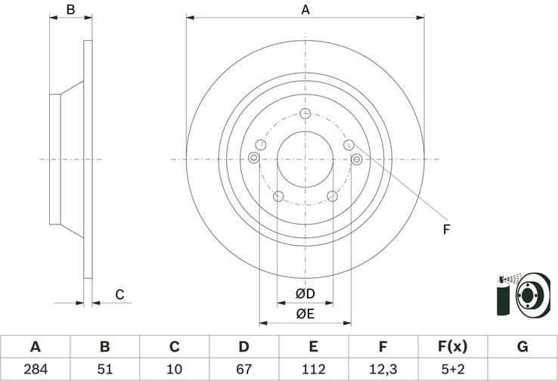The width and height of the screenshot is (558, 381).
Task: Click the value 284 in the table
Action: point(35,370)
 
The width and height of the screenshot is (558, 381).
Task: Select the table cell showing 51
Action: point(105,370)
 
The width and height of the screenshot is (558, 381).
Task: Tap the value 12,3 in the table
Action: point(383,370)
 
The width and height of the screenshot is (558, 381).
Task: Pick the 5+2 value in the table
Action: point(453,370)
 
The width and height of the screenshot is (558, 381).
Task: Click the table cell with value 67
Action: point(244,370)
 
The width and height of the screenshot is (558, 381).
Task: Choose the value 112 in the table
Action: point(314,370)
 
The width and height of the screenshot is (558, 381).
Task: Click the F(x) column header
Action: point(453,347)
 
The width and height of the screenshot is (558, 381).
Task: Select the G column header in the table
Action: point(522,347)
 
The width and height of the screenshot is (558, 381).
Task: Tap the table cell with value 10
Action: point(175,370)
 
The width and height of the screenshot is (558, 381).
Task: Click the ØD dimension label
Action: point(305,293)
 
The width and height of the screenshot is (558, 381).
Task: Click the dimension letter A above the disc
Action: point(305,9)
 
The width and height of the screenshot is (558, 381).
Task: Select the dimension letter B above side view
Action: point(70,9)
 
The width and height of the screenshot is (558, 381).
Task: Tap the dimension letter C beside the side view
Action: point(119,295)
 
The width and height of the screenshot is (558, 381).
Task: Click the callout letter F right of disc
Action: point(446,229)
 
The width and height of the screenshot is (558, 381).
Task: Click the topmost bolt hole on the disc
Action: point(305,114)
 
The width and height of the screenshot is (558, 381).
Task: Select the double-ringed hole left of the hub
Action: point(253,158)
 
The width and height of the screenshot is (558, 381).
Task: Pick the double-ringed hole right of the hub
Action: point(356,158)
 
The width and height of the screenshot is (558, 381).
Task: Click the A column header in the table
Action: point(35,347)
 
